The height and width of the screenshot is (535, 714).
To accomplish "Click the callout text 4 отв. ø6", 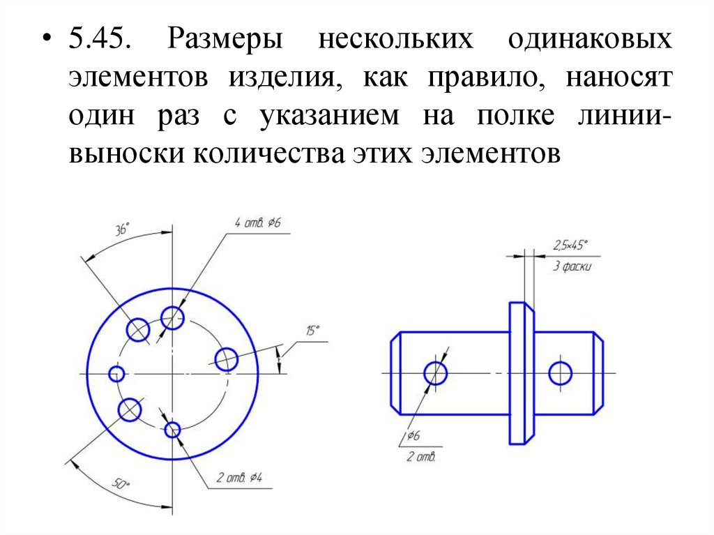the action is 257,223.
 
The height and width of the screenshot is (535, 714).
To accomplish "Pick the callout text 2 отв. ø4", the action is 238,479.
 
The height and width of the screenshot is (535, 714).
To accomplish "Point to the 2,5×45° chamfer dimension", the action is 569,245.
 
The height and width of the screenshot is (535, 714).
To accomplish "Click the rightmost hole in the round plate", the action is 227,360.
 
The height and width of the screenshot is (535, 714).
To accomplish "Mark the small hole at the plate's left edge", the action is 116,374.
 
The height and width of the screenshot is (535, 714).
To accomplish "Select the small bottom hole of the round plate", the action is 172,430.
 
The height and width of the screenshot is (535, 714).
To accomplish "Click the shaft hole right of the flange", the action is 560,373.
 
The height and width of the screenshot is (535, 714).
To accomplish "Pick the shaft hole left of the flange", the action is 436,372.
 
